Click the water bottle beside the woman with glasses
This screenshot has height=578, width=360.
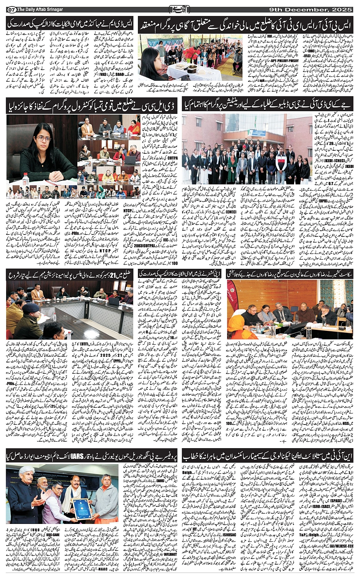pos(26,178)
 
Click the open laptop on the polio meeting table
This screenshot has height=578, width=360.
pos(114,301)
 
